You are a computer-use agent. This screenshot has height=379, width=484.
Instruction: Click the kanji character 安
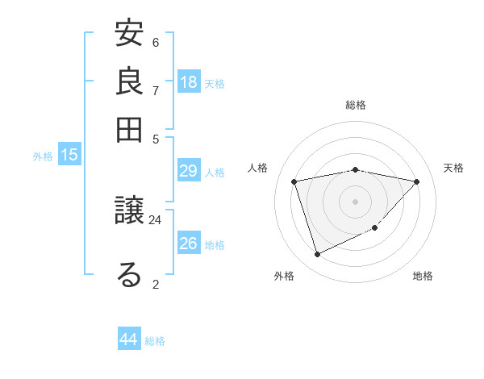[129, 35]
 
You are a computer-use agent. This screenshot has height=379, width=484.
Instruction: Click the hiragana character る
[129, 274]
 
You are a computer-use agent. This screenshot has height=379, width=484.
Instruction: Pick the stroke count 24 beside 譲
[156, 219]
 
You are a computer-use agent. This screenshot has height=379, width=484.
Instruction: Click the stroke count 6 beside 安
[156, 42]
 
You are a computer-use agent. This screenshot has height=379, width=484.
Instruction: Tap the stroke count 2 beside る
[156, 283]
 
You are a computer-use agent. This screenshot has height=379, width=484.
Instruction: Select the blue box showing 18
[189, 82]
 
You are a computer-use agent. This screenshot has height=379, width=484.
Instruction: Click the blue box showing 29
[189, 171]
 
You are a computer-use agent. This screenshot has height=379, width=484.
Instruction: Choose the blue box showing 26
[189, 244]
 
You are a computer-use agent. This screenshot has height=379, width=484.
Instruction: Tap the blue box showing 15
[69, 156]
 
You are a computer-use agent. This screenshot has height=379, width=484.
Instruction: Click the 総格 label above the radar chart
[356, 105]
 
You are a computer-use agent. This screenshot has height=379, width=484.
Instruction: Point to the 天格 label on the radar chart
[454, 168]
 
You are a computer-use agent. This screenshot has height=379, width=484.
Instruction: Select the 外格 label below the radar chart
[284, 276]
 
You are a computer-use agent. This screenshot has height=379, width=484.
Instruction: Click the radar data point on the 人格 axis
[295, 181]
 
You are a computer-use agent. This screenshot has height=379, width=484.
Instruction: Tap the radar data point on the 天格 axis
[416, 181]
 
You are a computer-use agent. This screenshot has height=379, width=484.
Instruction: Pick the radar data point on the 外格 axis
[317, 255]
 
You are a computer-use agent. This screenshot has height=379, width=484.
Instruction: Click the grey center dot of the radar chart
[356, 201]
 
